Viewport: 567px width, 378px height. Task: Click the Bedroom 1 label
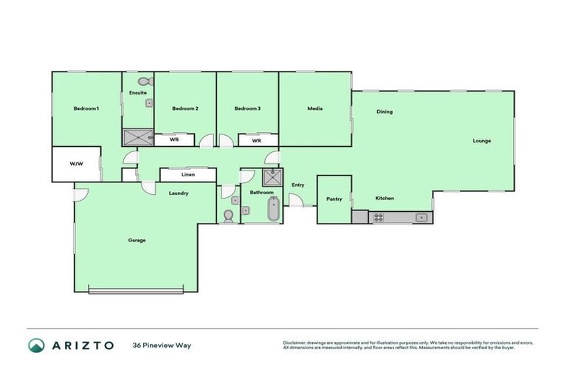86,109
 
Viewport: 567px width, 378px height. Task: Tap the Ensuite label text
137,93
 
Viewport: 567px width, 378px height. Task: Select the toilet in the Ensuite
145,80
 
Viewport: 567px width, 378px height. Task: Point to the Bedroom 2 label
185,109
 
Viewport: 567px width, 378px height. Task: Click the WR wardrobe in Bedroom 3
257,140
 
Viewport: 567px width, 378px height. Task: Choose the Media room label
315,109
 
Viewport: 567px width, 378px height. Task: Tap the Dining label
385,112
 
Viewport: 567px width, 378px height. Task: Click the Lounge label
482,140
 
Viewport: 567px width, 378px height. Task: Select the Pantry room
334,199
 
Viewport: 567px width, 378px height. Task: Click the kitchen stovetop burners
378,218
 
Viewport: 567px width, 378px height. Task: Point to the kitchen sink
420,217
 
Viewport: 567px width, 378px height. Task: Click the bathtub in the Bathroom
273,210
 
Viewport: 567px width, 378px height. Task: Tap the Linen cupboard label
188,175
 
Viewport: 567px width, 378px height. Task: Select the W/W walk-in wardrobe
75,164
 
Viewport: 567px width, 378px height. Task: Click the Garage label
137,240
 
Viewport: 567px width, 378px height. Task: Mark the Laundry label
178,193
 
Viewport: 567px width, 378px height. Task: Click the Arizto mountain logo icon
36,345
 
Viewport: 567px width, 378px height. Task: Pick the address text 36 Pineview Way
161,345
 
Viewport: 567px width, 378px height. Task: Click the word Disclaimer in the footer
295,343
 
